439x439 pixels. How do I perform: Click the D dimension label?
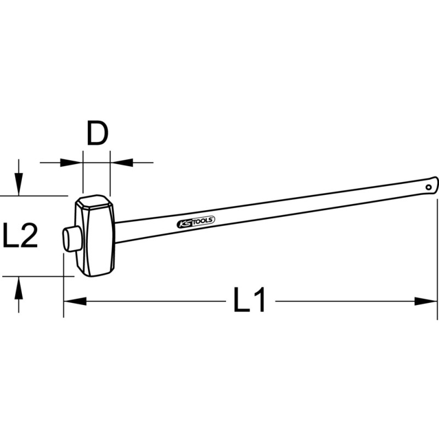click(98, 133)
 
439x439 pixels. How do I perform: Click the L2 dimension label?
click(20, 235)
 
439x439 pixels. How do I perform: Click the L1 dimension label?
click(249, 299)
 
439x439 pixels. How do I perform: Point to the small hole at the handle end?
click(429, 187)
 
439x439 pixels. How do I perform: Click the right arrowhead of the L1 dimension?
click(426, 301)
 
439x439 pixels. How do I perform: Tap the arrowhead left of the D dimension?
click(71, 162)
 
